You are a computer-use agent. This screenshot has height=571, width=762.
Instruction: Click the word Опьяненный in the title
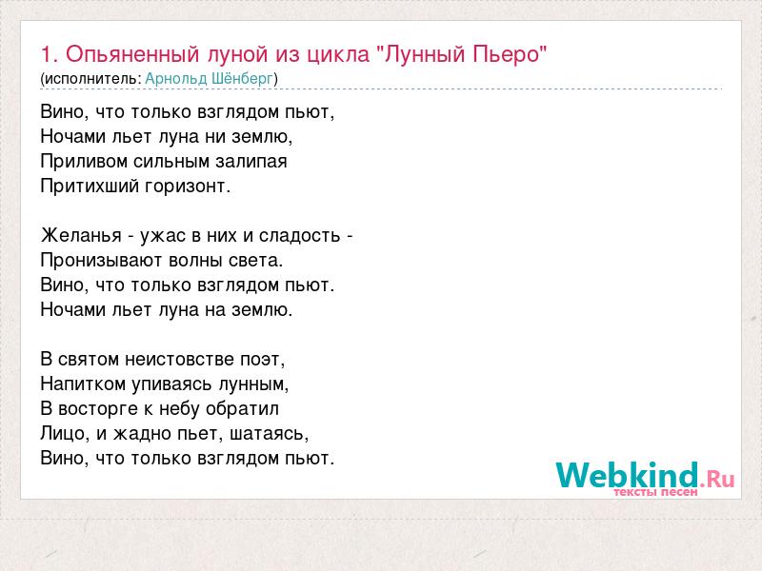132,54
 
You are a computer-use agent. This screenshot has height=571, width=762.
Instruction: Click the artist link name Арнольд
176,78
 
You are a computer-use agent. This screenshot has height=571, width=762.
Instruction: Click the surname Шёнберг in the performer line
242,78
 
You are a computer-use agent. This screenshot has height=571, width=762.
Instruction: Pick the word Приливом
84,161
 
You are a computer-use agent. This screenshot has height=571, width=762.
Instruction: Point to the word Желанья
81,235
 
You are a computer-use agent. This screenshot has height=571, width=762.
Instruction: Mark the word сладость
299,235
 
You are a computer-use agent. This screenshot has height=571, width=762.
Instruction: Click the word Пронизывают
102,261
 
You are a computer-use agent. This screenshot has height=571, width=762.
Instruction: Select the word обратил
242,409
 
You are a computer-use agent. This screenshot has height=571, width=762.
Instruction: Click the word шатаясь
269,434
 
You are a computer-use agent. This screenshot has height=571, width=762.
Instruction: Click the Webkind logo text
627,475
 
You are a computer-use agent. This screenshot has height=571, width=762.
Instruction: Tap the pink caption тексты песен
655,492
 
